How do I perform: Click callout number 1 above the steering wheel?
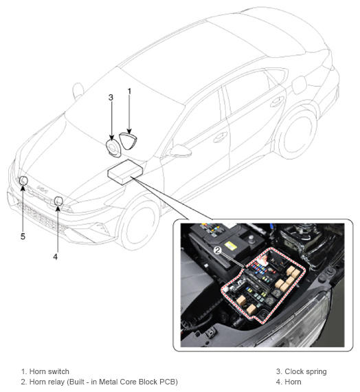pyautogui.click(x=129, y=91)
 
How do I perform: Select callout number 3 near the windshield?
pyautogui.click(x=111, y=97)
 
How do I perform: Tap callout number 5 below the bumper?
pyautogui.click(x=23, y=237)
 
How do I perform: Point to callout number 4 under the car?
pyautogui.click(x=55, y=257)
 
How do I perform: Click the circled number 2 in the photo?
pyautogui.click(x=218, y=250)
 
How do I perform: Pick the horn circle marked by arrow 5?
pyautogui.click(x=24, y=180)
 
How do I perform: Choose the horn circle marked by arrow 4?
pyautogui.click(x=58, y=201)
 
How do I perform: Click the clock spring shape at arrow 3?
pyautogui.click(x=113, y=148)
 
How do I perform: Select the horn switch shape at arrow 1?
pyautogui.click(x=128, y=141)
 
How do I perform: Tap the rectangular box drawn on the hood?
pyautogui.click(x=125, y=172)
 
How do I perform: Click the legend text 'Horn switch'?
pyautogui.click(x=49, y=371)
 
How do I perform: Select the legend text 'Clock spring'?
pyautogui.click(x=306, y=371)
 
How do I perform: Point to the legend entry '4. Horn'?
pyautogui.click(x=289, y=382)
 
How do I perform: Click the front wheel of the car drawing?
pyautogui.click(x=139, y=223)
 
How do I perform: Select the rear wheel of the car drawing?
pyautogui.click(x=297, y=132)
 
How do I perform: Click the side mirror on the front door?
pyautogui.click(x=181, y=151)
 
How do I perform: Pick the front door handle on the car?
pyautogui.click(x=220, y=137)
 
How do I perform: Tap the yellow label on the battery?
pyautogui.click(x=230, y=246)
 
